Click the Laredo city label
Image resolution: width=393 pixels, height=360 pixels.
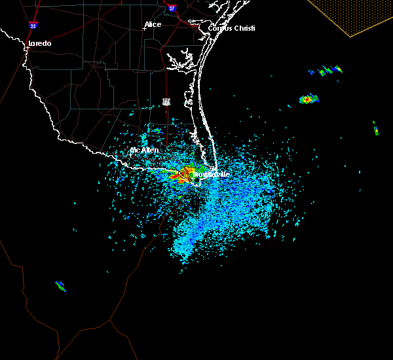(39, 44)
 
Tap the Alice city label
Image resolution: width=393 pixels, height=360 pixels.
(153, 25)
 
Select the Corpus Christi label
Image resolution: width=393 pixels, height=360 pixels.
(231, 28)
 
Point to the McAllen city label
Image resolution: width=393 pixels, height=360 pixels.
(144, 151)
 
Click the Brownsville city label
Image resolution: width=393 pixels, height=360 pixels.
(211, 175)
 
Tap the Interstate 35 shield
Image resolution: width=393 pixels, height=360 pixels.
(33, 26)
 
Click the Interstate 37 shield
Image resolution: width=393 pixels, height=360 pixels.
(172, 9)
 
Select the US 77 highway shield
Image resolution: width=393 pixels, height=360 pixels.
(167, 101)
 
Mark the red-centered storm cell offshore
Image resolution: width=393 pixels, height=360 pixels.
(308, 99)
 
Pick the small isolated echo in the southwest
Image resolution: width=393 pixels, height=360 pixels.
(61, 285)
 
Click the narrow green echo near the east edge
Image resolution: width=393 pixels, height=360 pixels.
(375, 128)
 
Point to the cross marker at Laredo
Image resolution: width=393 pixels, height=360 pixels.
(26, 48)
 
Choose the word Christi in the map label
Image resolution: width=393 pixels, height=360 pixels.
(244, 28)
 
